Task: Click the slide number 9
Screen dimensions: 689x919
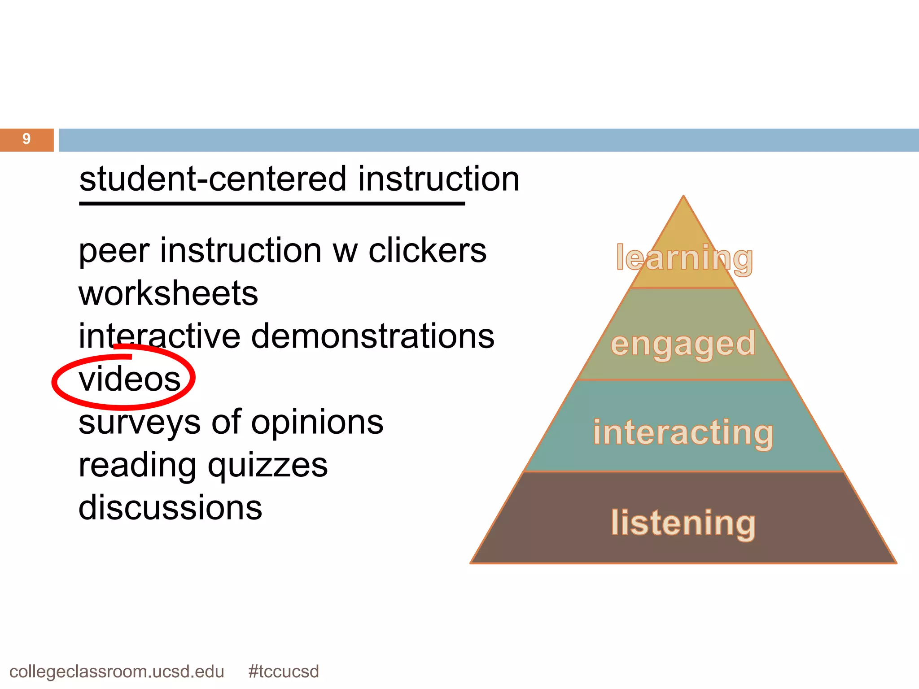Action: pos(26,139)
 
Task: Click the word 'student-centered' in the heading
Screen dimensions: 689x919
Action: pos(213,179)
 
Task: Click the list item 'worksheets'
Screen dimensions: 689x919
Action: pos(168,293)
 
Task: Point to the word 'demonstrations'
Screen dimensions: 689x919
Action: pos(372,336)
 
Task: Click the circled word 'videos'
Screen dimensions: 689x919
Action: pos(129,379)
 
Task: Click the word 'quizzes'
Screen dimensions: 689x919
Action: pos(267,466)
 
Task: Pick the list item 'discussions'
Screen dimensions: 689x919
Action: pos(170,508)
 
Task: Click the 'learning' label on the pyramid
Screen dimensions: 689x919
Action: pos(684,258)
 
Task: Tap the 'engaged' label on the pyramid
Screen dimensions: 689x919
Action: pos(683,344)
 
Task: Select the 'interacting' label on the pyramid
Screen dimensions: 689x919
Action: pos(683,433)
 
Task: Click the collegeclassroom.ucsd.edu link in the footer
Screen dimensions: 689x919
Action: pos(117,672)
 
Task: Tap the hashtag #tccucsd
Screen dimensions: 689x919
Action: pos(283,672)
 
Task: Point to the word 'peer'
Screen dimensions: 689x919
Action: pos(114,251)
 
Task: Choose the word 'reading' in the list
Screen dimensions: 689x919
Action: pos(137,466)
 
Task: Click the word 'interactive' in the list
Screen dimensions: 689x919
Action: pos(159,336)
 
